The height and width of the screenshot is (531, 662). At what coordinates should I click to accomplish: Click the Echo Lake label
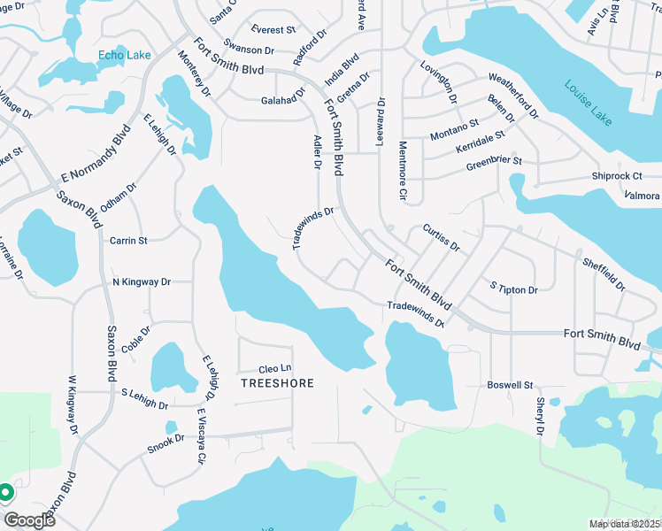pos(124,55)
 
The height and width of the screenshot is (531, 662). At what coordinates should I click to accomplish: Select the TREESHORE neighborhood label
pos(278,383)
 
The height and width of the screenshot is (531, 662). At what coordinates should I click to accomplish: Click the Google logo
pos(28,519)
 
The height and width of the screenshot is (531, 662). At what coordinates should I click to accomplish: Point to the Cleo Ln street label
pos(274,369)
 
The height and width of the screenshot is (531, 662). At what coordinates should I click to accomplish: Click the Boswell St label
pos(510,386)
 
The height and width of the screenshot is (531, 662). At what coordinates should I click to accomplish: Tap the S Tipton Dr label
pos(513,289)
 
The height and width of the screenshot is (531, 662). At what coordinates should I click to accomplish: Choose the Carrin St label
pos(127,240)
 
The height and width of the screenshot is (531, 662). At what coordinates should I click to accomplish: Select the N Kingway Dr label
pos(141,282)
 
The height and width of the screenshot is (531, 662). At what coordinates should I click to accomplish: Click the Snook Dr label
pos(165,438)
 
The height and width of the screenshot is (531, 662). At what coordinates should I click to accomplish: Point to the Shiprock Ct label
pos(616,176)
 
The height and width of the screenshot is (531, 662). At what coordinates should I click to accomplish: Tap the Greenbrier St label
pos(495,162)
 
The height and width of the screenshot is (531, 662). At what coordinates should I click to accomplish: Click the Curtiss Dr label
pos(441,238)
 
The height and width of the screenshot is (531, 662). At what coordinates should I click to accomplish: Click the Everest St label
pos(273,29)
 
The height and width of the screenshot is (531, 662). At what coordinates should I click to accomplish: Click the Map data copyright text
pos(625,524)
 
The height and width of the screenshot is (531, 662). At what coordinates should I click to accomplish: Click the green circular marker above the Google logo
pos(4,492)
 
